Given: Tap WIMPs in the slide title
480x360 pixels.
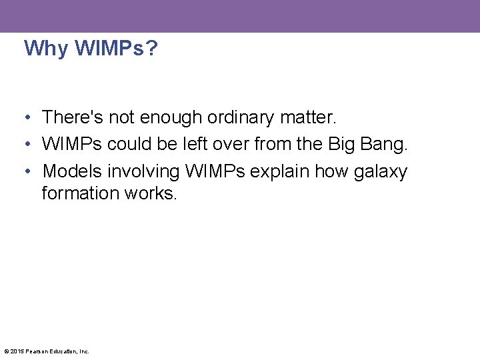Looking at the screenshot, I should point(105,49).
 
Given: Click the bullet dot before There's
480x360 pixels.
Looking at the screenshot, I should point(24,118).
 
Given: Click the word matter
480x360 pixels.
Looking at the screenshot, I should point(311,118).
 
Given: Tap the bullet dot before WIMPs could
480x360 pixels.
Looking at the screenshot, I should point(24,145).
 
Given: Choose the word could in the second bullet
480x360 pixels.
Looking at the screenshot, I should point(129,145).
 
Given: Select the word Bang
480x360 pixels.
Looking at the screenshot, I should point(383,145).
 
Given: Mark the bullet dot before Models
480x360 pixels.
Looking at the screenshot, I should point(24,171).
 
